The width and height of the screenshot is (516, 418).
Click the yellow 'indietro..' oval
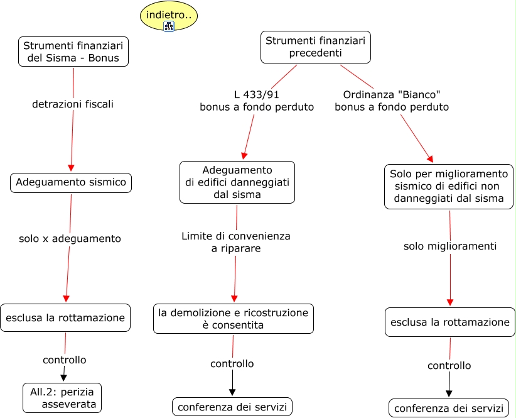(x=168, y=14)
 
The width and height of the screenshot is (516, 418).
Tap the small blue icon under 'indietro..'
(x=168, y=26)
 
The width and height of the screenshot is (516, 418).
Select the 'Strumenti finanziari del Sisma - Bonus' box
(x=74, y=52)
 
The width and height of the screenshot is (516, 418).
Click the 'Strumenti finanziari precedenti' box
(x=315, y=47)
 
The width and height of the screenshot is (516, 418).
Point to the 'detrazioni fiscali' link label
(x=73, y=104)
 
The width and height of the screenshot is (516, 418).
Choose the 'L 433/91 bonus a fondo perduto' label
(x=257, y=101)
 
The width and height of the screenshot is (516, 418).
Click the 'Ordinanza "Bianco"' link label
(x=392, y=101)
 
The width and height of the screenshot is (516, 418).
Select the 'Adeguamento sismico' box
(x=71, y=182)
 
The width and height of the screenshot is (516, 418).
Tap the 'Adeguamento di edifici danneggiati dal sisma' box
(x=237, y=182)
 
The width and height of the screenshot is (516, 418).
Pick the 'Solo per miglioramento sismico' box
(x=448, y=186)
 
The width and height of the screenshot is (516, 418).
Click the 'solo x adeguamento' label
(x=70, y=239)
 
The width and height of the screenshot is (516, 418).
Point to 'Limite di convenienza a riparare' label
(x=236, y=242)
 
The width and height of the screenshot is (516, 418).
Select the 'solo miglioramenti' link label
(x=450, y=246)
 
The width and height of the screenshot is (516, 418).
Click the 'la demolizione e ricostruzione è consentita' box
(x=233, y=319)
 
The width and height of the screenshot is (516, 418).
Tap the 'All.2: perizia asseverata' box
(x=62, y=398)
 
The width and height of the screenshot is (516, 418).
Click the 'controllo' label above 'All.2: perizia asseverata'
(x=64, y=360)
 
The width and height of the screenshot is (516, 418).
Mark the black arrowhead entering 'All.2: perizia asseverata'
(x=63, y=378)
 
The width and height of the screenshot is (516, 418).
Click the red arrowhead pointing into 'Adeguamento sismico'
(x=71, y=168)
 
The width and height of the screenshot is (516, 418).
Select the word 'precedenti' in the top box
(x=315, y=53)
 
